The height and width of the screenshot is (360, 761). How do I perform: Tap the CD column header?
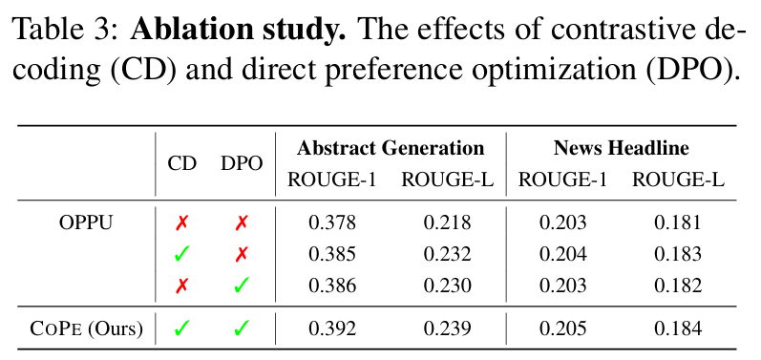click(x=181, y=163)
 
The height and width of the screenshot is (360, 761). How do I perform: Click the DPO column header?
click(x=242, y=163)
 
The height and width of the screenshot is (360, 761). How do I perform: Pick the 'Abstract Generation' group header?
click(x=391, y=148)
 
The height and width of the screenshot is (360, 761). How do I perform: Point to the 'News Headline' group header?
click(x=621, y=148)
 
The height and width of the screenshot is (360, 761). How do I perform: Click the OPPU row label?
click(x=86, y=223)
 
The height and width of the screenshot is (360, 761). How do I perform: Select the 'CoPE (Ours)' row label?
click(x=86, y=329)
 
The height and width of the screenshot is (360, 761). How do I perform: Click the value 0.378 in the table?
click(x=332, y=223)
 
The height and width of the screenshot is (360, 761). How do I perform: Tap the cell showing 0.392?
click(x=332, y=329)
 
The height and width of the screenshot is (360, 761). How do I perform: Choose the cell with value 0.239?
click(x=447, y=329)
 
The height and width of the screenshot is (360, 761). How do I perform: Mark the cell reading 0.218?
click(x=447, y=223)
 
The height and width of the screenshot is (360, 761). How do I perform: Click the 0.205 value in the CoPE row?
click(x=563, y=329)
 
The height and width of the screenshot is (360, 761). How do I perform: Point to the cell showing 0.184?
click(x=678, y=329)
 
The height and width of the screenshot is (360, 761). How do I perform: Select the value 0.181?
click(x=678, y=223)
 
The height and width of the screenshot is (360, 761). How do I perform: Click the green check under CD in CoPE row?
click(x=181, y=329)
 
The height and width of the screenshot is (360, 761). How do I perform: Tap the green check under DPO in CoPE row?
click(x=242, y=329)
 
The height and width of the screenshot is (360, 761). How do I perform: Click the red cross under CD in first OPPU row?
click(x=181, y=223)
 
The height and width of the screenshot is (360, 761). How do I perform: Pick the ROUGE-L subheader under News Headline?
click(x=678, y=180)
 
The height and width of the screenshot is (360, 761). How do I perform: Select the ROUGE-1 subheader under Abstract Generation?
click(x=332, y=180)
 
